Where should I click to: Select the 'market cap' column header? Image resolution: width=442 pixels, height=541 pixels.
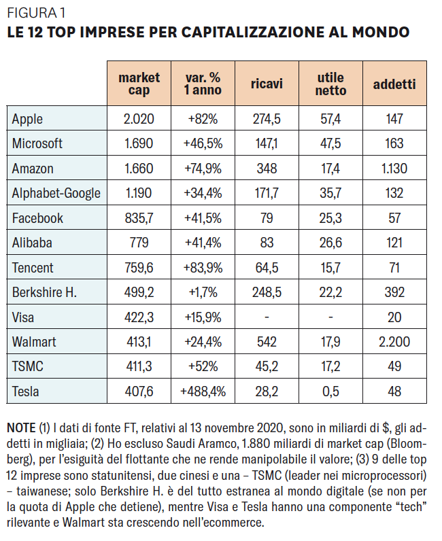(x=139, y=84)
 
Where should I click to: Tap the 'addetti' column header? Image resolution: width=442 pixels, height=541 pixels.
(x=394, y=84)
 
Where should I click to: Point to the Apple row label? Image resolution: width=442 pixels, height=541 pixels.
(x=27, y=119)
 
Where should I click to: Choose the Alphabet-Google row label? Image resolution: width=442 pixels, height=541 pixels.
(x=56, y=193)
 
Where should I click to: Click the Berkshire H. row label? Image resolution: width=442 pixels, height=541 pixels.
(x=44, y=292)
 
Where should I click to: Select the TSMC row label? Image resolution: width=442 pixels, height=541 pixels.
(x=28, y=367)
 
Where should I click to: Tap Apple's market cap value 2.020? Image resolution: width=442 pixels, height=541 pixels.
(x=139, y=119)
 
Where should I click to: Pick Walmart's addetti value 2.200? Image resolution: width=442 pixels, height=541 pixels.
(x=394, y=342)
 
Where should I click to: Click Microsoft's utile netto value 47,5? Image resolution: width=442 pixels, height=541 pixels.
(x=330, y=143)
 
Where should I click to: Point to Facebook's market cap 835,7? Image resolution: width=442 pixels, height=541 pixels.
(x=139, y=218)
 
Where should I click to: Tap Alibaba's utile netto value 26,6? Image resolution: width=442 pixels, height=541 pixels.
(x=330, y=243)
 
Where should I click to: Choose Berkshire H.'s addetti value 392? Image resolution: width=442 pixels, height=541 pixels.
(x=394, y=292)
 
